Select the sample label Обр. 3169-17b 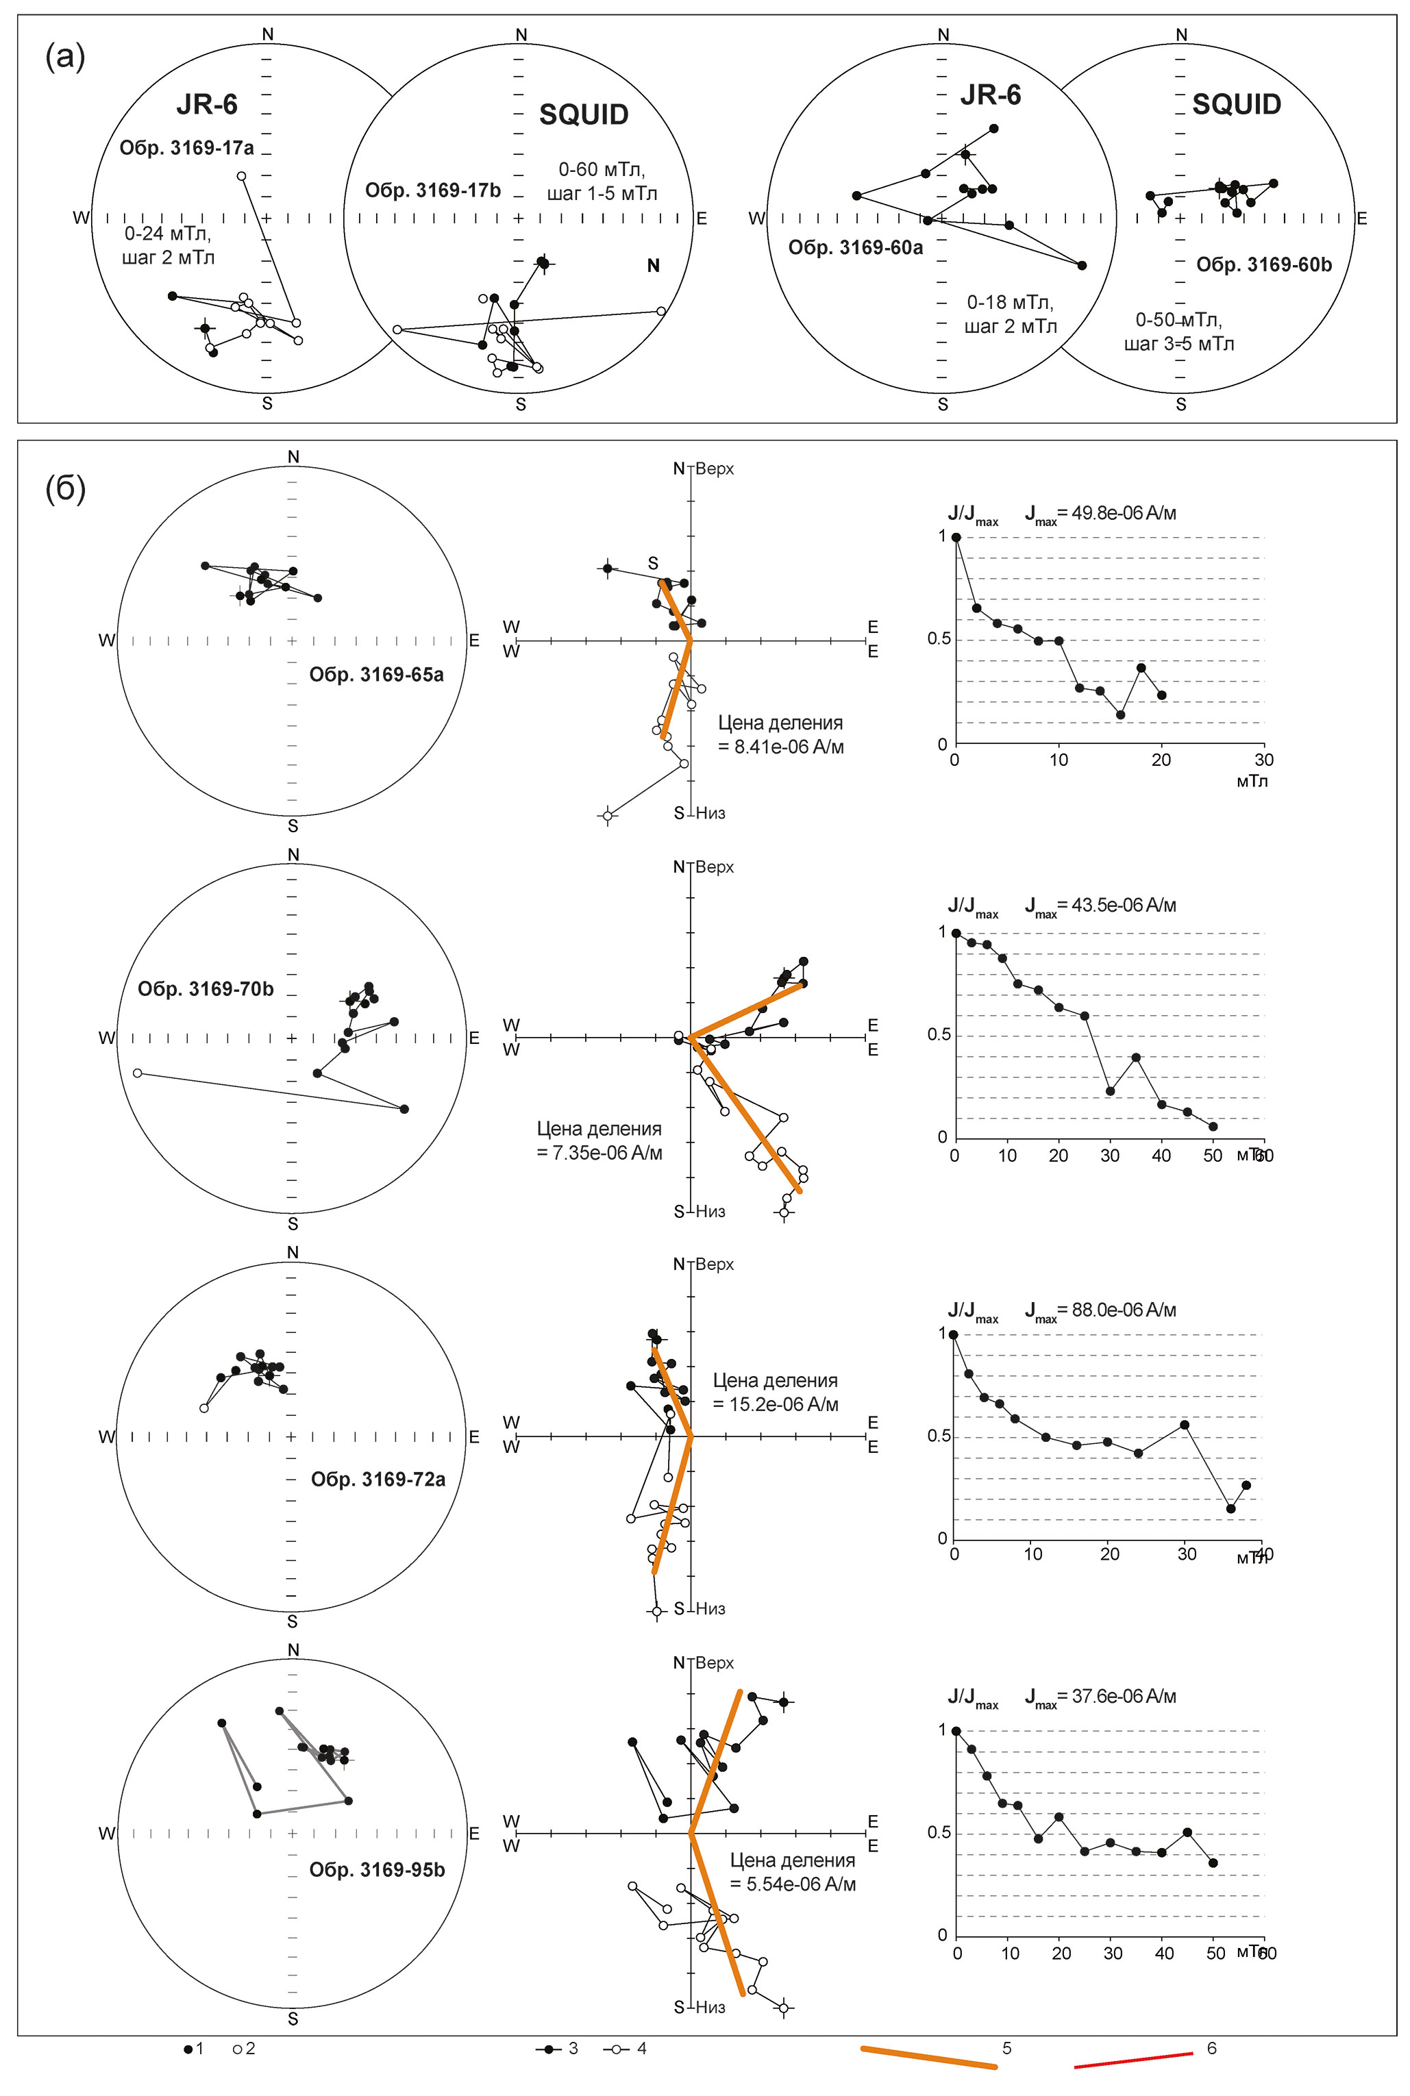pyautogui.click(x=432, y=190)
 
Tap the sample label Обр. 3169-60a pyautogui.click(x=855, y=248)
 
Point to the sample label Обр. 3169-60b pyautogui.click(x=1263, y=264)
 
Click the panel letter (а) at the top pyautogui.click(x=64, y=57)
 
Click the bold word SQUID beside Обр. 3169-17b pyautogui.click(x=584, y=115)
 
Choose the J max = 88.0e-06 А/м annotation pyautogui.click(x=1100, y=1310)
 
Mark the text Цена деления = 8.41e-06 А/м pyautogui.click(x=780, y=734)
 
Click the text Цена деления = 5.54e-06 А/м pyautogui.click(x=792, y=1872)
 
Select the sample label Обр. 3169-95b pyautogui.click(x=377, y=1871)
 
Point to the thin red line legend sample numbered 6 pyautogui.click(x=1133, y=2060)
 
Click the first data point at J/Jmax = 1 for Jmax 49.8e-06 pyautogui.click(x=956, y=538)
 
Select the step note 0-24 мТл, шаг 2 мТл pyautogui.click(x=168, y=245)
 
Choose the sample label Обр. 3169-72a pyautogui.click(x=378, y=1480)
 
